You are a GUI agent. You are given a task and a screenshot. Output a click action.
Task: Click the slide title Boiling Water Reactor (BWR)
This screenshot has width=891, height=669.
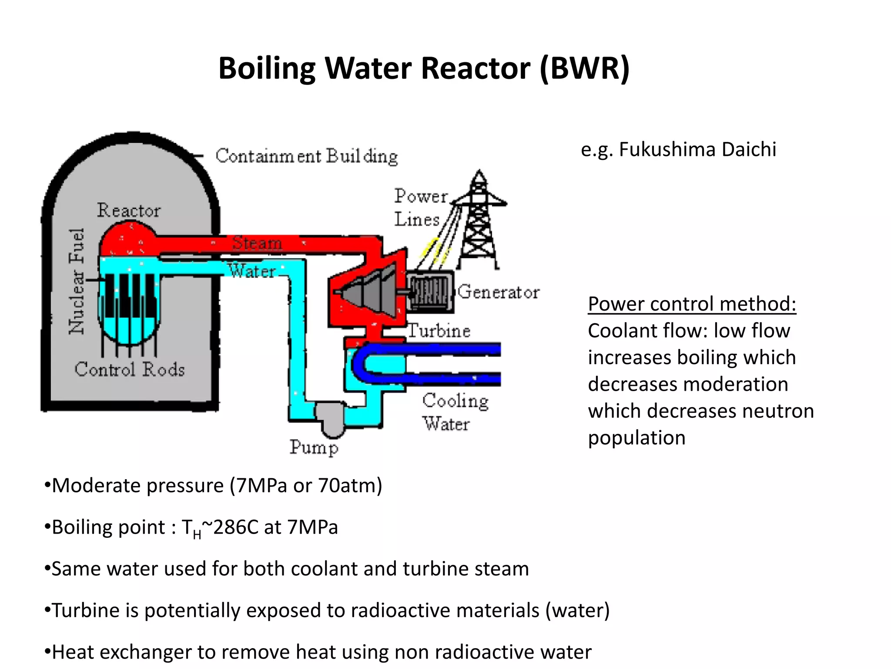pyautogui.click(x=424, y=68)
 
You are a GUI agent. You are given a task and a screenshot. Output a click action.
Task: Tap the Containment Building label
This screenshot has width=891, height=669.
pyautogui.click(x=306, y=156)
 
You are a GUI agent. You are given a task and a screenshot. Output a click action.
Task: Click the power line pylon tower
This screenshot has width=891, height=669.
pyautogui.click(x=479, y=222)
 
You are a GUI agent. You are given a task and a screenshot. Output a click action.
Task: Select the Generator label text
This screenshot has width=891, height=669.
pyautogui.click(x=499, y=291)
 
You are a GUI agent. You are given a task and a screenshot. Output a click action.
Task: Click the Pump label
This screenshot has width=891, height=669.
pyautogui.click(x=314, y=447)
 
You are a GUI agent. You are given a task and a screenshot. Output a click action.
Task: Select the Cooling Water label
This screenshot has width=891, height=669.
pyautogui.click(x=455, y=412)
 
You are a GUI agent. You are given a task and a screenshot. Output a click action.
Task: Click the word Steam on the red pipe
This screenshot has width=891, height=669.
pyautogui.click(x=257, y=243)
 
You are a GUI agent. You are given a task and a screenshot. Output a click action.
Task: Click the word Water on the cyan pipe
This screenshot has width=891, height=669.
pyautogui.click(x=252, y=271)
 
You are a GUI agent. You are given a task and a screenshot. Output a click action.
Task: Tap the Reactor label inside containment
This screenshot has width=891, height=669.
pyautogui.click(x=129, y=210)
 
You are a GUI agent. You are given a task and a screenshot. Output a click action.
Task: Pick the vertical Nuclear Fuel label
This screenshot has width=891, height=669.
pyautogui.click(x=77, y=281)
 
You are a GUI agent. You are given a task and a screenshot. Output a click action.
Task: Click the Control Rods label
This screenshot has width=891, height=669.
pyautogui.click(x=130, y=369)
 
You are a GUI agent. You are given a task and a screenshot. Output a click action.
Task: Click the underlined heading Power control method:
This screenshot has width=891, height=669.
pyautogui.click(x=692, y=304)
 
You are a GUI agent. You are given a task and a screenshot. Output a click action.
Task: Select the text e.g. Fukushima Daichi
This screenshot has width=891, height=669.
pyautogui.click(x=678, y=149)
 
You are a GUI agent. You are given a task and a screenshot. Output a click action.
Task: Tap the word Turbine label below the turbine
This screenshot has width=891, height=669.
pyautogui.click(x=439, y=331)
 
